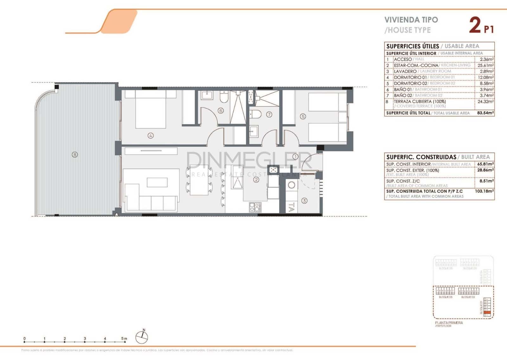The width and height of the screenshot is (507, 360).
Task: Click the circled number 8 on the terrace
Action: click(x=75, y=155)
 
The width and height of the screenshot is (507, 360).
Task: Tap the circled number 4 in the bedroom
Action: click(x=151, y=136)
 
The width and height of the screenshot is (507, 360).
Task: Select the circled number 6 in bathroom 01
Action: click(x=221, y=111)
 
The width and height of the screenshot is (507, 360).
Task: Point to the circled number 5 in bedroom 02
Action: click(x=303, y=116)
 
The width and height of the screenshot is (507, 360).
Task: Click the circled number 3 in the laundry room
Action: click(x=304, y=200)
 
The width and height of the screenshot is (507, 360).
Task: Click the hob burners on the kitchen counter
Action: click(x=255, y=207)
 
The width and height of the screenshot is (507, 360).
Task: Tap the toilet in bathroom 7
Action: click(x=255, y=114)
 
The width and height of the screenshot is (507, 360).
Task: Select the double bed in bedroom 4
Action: click(x=151, y=109)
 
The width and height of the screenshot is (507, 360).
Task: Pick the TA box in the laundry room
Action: click(x=292, y=207)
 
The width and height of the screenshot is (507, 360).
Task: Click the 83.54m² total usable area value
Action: click(x=485, y=113)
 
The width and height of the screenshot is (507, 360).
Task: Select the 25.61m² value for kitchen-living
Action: click(x=485, y=65)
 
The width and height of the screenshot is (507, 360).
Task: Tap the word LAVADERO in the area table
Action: click(x=405, y=71)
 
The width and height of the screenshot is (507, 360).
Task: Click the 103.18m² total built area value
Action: click(x=485, y=191)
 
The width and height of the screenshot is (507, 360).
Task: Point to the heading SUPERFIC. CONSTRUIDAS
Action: click(x=421, y=157)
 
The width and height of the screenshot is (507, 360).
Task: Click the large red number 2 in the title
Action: click(x=474, y=25)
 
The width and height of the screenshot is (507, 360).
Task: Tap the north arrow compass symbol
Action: click(x=142, y=337)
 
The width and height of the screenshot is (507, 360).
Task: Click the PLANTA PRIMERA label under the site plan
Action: click(x=449, y=323)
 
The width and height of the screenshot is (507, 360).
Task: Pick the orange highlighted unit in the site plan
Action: click(x=487, y=313)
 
